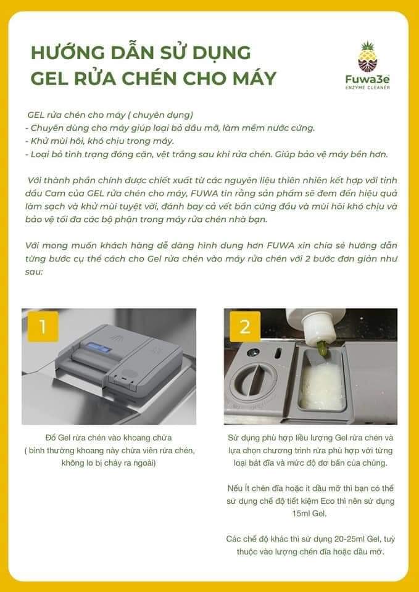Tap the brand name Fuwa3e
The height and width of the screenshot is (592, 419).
pyautogui.click(x=367, y=80)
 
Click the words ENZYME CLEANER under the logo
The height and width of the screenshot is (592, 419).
pyautogui.click(x=368, y=88)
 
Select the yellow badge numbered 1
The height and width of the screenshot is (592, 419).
pyautogui.click(x=43, y=327)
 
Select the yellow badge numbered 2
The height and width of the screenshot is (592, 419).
pyautogui.click(x=245, y=327)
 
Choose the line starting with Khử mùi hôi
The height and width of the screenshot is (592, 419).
pyautogui.click(x=99, y=142)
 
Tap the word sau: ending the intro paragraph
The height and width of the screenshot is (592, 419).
pyautogui.click(x=35, y=272)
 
